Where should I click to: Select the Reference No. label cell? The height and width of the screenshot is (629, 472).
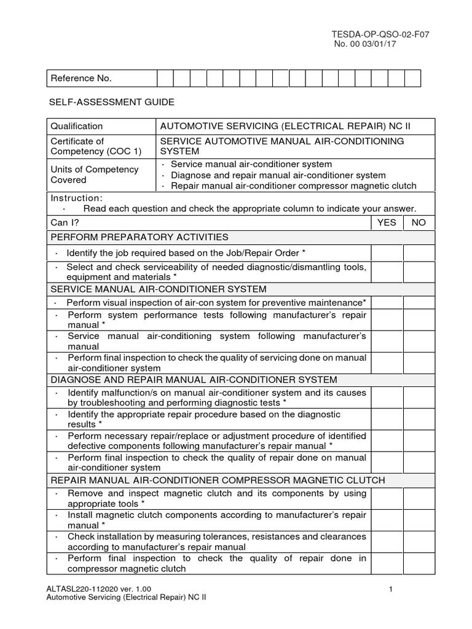(102, 79)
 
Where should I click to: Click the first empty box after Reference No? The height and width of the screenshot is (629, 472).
(165, 79)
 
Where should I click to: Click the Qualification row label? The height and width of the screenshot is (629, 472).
(77, 126)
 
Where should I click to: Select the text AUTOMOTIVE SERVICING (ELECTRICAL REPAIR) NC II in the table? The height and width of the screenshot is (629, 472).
(285, 126)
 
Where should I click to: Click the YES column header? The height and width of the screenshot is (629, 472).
(387, 222)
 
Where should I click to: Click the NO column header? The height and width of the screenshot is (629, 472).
(419, 222)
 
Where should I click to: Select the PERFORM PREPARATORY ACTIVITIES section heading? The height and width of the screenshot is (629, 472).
(140, 237)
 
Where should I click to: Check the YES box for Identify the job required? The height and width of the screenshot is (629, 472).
(387, 253)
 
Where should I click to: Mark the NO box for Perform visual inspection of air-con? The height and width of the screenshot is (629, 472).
(419, 303)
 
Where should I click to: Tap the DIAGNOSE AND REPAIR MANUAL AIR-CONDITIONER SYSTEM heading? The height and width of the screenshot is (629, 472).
(194, 380)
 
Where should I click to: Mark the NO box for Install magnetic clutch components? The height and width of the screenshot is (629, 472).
(419, 520)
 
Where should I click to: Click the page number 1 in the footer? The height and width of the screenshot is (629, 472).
(391, 590)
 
